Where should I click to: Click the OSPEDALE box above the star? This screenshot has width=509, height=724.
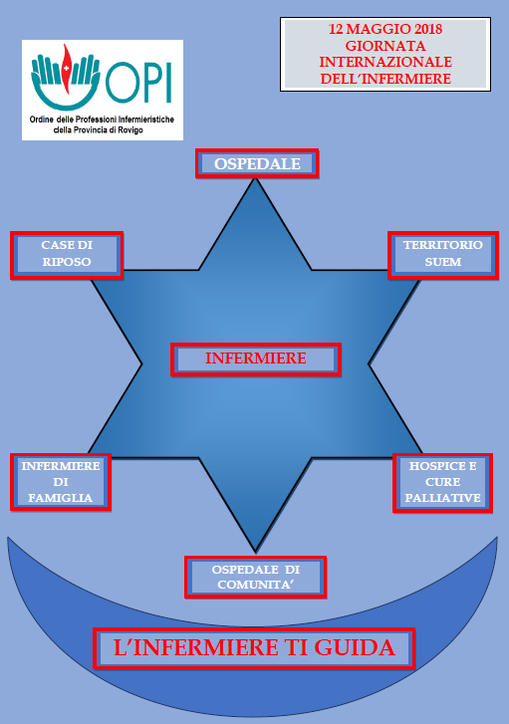click(257, 163)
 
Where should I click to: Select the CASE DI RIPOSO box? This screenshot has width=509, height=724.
click(67, 255)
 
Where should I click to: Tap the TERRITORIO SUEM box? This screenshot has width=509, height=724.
click(443, 255)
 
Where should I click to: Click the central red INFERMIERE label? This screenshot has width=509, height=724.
click(256, 359)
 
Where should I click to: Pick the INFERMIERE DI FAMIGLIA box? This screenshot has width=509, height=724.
click(61, 482)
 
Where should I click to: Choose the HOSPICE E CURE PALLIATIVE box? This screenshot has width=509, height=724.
click(442, 483)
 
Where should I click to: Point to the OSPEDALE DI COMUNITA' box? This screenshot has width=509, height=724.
click(255, 578)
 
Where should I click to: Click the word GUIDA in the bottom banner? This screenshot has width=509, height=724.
click(355, 647)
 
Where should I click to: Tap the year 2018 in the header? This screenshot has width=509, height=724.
click(428, 29)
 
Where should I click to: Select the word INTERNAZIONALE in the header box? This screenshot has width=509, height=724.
click(385, 62)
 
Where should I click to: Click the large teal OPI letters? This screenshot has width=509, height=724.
click(138, 83)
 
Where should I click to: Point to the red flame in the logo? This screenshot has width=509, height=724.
click(67, 70)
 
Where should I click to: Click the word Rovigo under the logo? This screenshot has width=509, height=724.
click(130, 130)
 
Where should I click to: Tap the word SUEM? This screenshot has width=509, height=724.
click(443, 262)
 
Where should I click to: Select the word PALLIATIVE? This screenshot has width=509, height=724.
click(443, 498)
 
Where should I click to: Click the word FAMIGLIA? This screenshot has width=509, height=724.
click(61, 498)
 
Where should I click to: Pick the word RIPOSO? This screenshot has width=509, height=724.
click(67, 262)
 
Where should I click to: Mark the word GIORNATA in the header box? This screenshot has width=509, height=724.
click(385, 46)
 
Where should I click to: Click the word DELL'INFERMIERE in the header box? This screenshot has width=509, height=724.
click(385, 79)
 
